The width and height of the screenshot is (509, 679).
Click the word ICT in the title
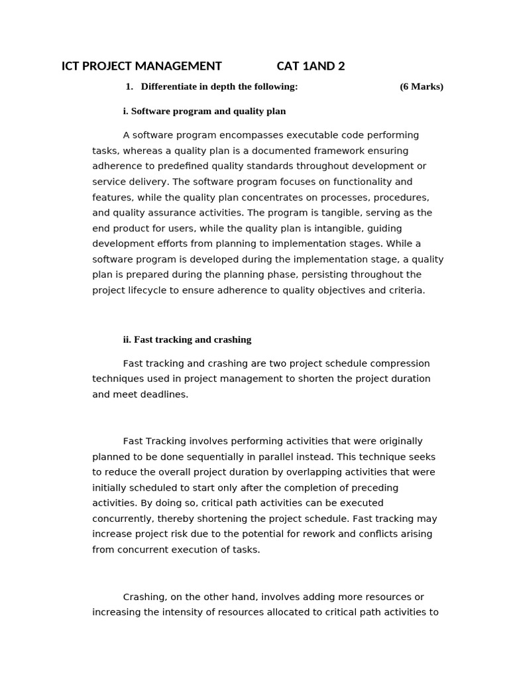pos(70,66)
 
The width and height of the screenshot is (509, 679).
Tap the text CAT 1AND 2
pos(310,66)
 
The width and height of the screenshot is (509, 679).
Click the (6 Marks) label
pos(422,86)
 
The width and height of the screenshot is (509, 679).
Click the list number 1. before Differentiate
pos(129,86)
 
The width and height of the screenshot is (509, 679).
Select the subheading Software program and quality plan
pos(208,111)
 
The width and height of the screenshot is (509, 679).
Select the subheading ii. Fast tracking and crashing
pos(187,339)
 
